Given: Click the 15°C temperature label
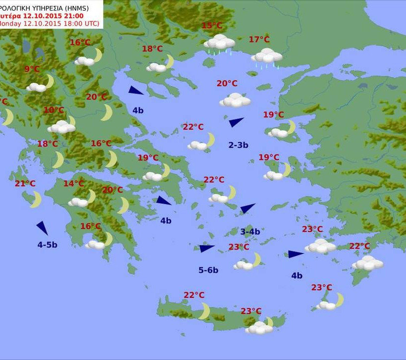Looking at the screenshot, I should [212, 26].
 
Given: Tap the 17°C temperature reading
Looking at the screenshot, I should [259, 40].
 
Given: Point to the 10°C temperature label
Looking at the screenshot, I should [53, 110].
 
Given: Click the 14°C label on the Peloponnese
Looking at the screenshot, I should [73, 184].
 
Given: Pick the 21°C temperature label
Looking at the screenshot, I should [25, 184].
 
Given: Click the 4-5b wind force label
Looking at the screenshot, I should [48, 245].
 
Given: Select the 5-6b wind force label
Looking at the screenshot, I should [208, 270].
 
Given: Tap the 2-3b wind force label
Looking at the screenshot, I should [238, 145].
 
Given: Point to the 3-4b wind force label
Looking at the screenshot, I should [250, 231].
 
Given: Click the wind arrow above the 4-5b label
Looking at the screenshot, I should [43, 228].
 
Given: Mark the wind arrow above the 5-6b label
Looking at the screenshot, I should [206, 248].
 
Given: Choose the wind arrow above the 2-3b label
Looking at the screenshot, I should [236, 122].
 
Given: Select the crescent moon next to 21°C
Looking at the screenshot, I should [35, 200].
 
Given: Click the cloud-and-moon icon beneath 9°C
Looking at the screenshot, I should [41, 84].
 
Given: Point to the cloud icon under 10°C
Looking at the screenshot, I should [62, 127].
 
